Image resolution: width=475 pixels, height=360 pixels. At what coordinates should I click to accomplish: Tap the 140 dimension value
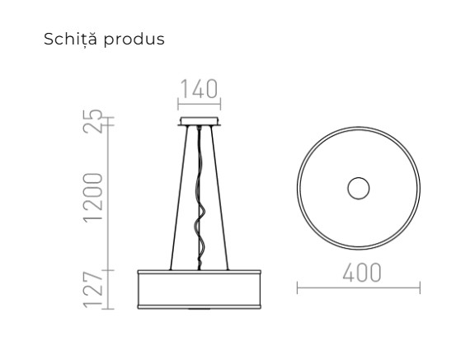[x=198, y=89]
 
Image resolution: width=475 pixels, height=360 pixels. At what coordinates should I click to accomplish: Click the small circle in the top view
[x=359, y=189]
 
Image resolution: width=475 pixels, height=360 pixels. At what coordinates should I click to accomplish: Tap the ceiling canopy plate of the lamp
[x=198, y=124]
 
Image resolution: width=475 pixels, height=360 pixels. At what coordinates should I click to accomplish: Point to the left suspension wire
[x=176, y=198]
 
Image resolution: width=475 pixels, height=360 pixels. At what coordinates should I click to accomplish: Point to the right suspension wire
[x=220, y=198]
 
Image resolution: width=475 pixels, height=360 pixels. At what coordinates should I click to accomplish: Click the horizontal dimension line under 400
[x=359, y=288]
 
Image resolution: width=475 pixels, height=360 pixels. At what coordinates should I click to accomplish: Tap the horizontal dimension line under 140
[x=198, y=103]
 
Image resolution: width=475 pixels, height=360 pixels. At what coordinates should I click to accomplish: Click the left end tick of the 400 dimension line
[x=297, y=288]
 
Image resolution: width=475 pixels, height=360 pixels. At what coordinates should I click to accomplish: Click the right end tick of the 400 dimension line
[x=420, y=288]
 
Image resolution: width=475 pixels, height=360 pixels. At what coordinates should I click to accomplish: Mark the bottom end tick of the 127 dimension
[x=111, y=307]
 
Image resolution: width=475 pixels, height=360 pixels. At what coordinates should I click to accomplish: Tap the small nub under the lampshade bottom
[x=198, y=309]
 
